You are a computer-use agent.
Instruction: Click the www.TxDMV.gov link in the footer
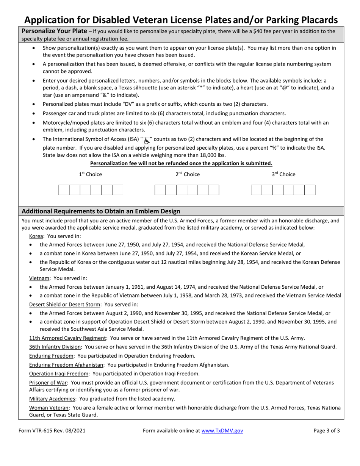point(222,430)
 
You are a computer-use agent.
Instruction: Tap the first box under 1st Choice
point(63,190)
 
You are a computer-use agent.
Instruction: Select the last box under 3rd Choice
point(310,190)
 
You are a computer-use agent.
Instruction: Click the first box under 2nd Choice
point(160,190)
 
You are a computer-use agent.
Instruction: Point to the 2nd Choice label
point(187,174)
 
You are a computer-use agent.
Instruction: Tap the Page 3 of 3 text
point(327,430)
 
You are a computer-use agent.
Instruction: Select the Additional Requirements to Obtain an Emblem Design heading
point(101,211)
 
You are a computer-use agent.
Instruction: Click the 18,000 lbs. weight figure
point(212,155)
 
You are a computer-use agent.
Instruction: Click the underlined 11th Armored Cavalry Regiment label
point(67,338)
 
